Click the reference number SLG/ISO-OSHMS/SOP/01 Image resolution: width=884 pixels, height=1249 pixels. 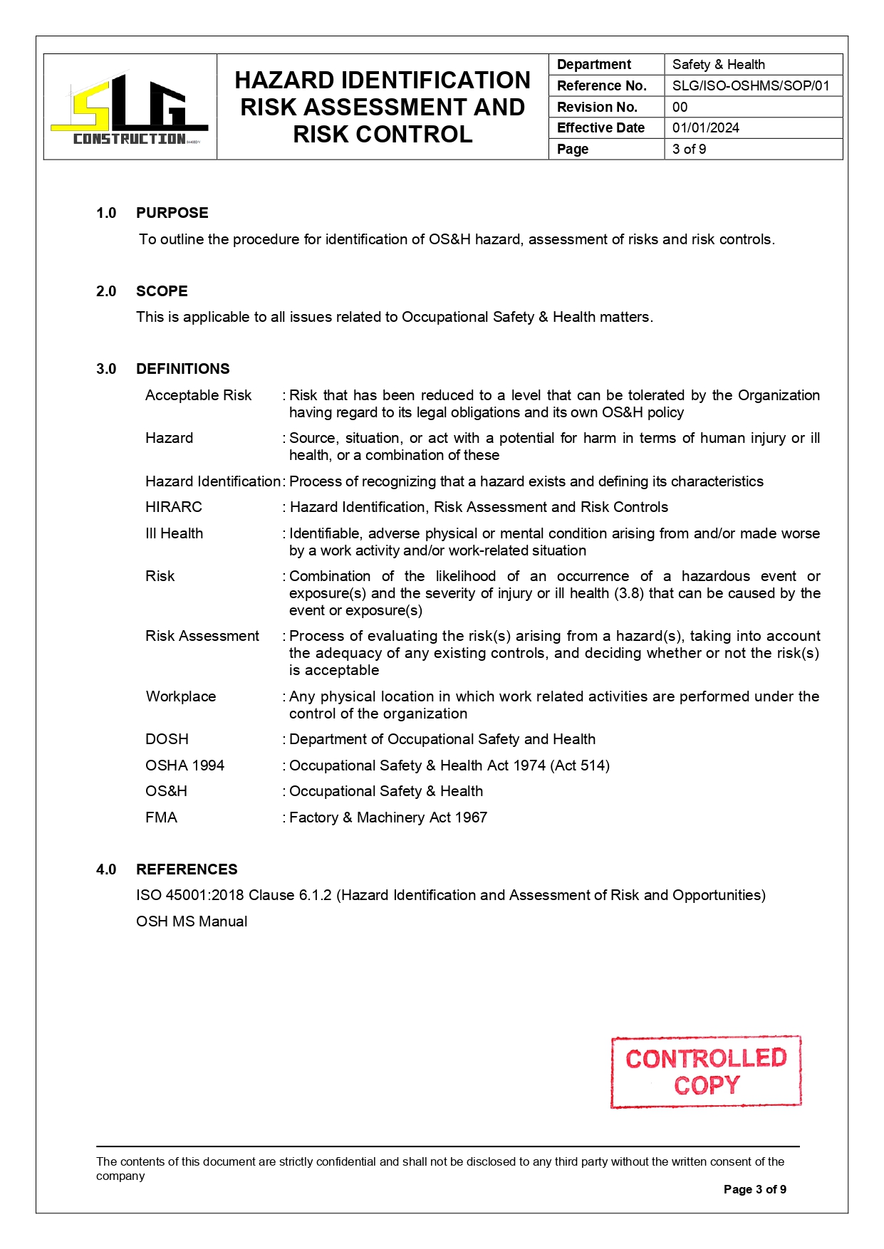click(751, 85)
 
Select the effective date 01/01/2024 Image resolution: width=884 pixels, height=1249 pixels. click(706, 127)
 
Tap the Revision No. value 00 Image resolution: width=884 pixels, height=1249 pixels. click(680, 107)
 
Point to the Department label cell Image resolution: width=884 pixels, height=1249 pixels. click(594, 64)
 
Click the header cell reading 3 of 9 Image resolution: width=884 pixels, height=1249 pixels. click(690, 149)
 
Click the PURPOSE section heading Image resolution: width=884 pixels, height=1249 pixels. click(172, 213)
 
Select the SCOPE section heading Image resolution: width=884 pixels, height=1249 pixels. click(162, 291)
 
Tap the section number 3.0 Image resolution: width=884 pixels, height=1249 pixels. click(106, 369)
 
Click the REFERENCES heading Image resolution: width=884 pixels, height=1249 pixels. click(187, 869)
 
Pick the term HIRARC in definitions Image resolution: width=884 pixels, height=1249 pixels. click(174, 507)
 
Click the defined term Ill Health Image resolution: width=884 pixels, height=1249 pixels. click(175, 533)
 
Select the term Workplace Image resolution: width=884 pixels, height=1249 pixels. click(181, 696)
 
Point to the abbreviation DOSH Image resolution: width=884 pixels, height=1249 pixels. click(167, 739)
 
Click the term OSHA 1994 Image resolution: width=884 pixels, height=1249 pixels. click(184, 765)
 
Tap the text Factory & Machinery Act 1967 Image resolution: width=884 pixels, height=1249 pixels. click(388, 817)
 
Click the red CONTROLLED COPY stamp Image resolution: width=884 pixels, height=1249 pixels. click(706, 1072)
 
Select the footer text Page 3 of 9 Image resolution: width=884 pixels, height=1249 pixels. click(755, 1189)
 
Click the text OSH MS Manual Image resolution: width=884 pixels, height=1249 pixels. click(192, 921)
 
